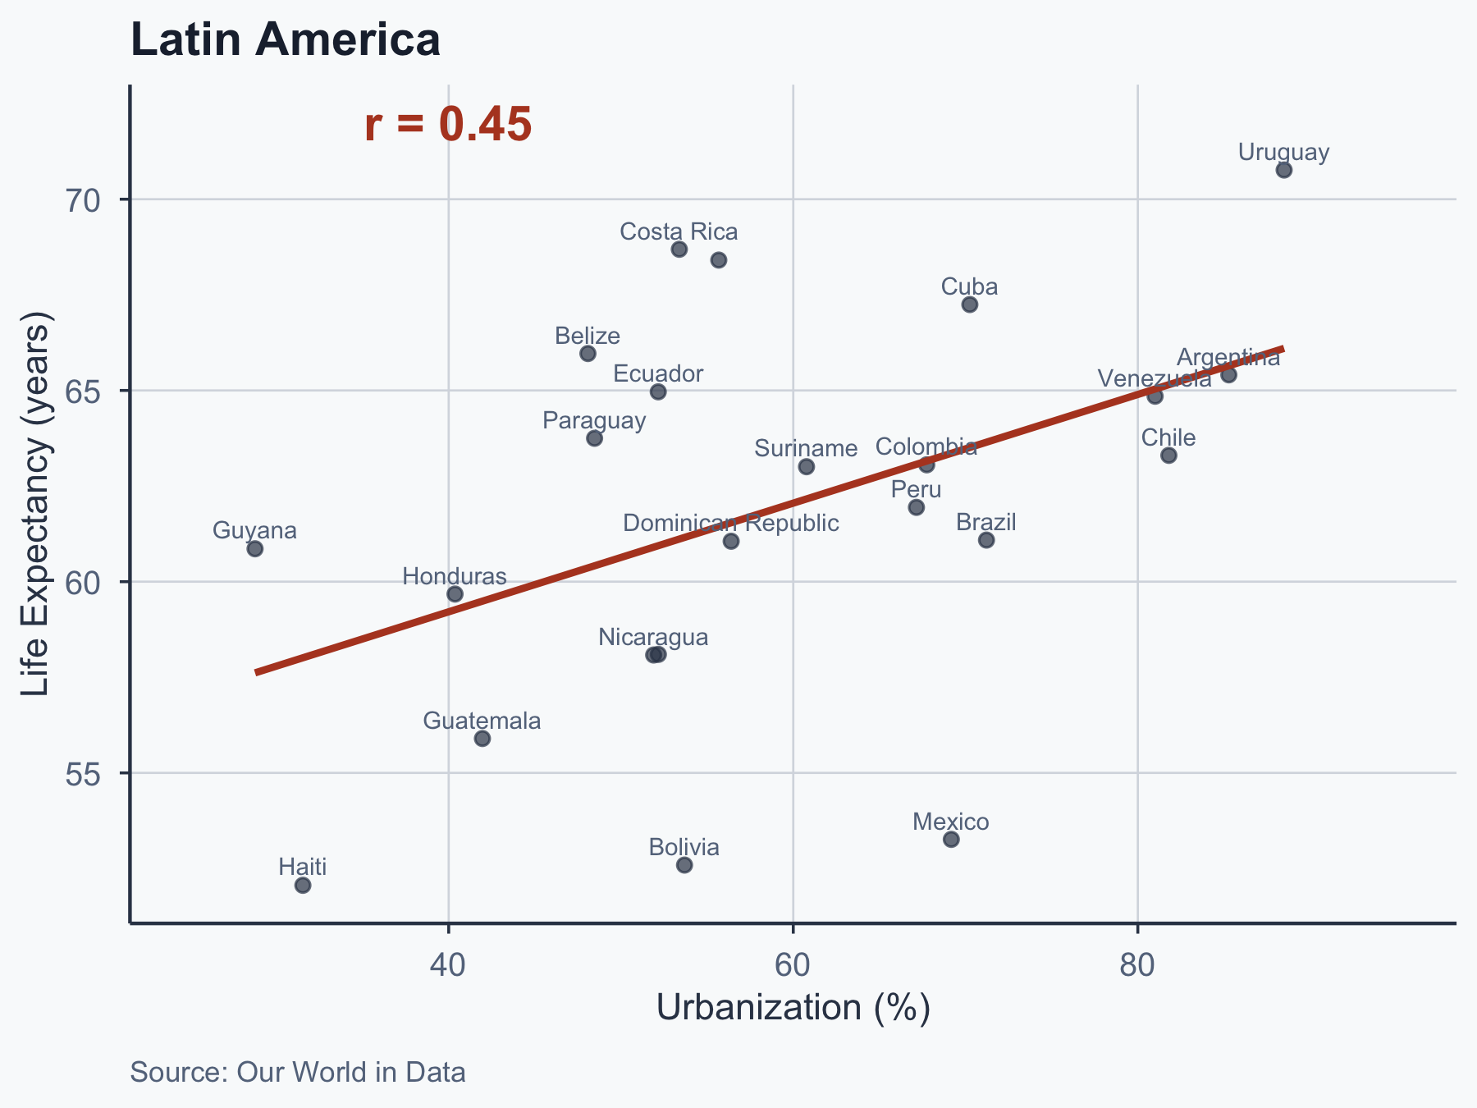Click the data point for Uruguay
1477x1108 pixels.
click(1284, 170)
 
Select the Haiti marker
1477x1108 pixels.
click(303, 885)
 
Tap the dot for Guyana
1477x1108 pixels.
click(255, 548)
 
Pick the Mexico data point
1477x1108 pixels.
click(951, 839)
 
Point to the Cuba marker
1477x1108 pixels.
click(970, 304)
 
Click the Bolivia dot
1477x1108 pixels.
click(684, 865)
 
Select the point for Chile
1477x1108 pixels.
click(1168, 456)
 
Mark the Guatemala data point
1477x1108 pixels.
click(482, 739)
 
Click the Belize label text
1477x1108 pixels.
click(588, 336)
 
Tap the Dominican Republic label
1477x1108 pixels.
click(731, 523)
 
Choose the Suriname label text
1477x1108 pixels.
click(806, 448)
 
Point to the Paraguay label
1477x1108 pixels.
click(595, 420)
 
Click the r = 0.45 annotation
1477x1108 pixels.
click(448, 125)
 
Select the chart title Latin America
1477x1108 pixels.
click(286, 39)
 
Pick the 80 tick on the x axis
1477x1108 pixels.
click(1137, 966)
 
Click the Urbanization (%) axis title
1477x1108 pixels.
click(793, 1008)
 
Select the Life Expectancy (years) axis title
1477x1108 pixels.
click(36, 504)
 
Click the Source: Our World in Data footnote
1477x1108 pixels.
click(298, 1072)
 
